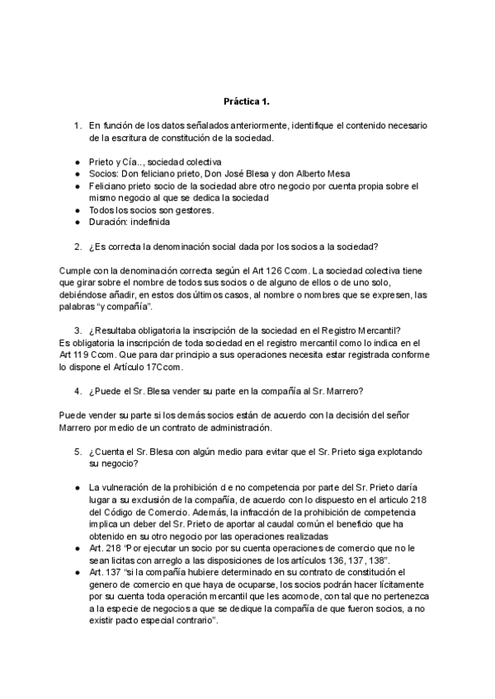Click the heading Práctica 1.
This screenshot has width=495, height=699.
point(247,102)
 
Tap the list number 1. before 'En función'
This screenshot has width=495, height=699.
point(77,126)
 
